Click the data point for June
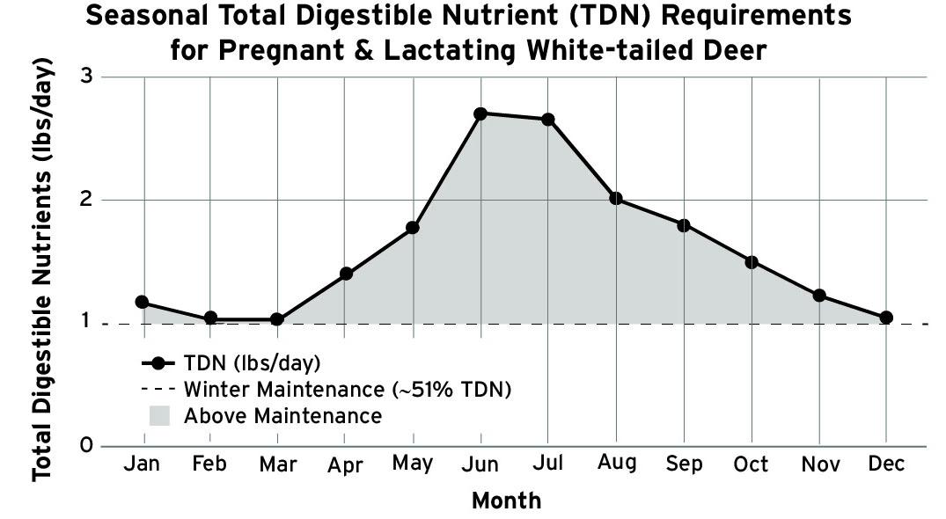point(480,113)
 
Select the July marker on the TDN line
point(548,120)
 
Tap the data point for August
point(616,199)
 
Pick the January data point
point(142,302)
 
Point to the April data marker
point(346,274)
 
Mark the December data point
point(886,318)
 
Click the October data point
point(752,262)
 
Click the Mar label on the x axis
point(277,464)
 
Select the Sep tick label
point(684,464)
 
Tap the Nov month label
point(819,464)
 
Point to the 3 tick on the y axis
point(86,77)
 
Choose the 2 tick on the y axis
point(86,200)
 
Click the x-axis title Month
point(507,501)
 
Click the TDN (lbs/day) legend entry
point(252,362)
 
